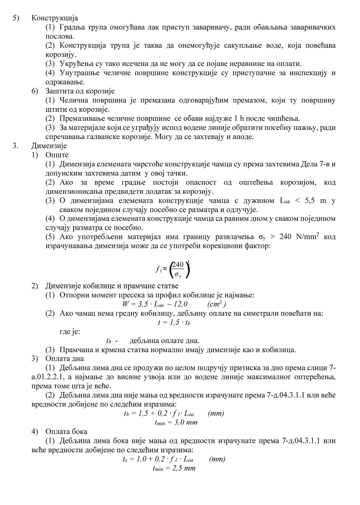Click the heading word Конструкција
coord(54,18)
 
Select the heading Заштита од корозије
coord(80,91)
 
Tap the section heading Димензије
coord(49,146)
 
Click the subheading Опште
coord(57,155)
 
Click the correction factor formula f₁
coord(173,269)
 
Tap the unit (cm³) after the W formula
coord(216,304)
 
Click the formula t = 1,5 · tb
coord(174,322)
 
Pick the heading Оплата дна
coord(64,358)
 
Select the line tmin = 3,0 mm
coord(176,422)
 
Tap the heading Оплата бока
coord(66,431)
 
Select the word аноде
coord(243,137)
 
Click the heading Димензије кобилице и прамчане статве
coord(112,286)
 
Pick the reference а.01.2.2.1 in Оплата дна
coord(47,377)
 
